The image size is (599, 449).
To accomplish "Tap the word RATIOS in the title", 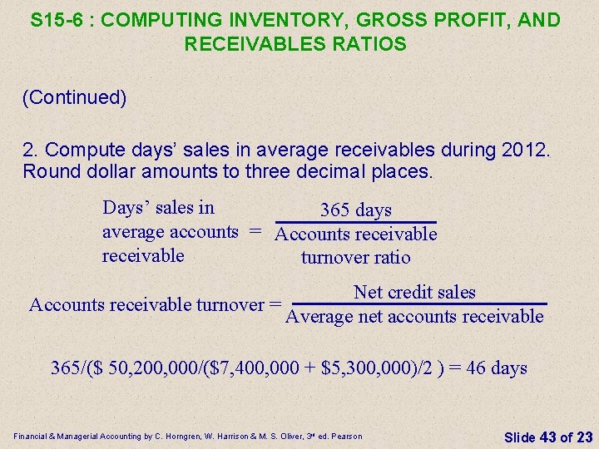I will (379, 44).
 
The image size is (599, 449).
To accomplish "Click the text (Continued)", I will (75, 98).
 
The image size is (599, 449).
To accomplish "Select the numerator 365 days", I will (356, 210).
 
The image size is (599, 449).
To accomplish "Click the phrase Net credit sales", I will (414, 292).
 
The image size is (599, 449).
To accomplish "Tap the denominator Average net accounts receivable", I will (414, 317).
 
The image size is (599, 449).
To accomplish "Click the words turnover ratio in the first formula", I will (356, 257).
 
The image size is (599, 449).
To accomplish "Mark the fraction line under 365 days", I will (356, 222).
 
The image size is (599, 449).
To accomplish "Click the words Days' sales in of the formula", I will (158, 207).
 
